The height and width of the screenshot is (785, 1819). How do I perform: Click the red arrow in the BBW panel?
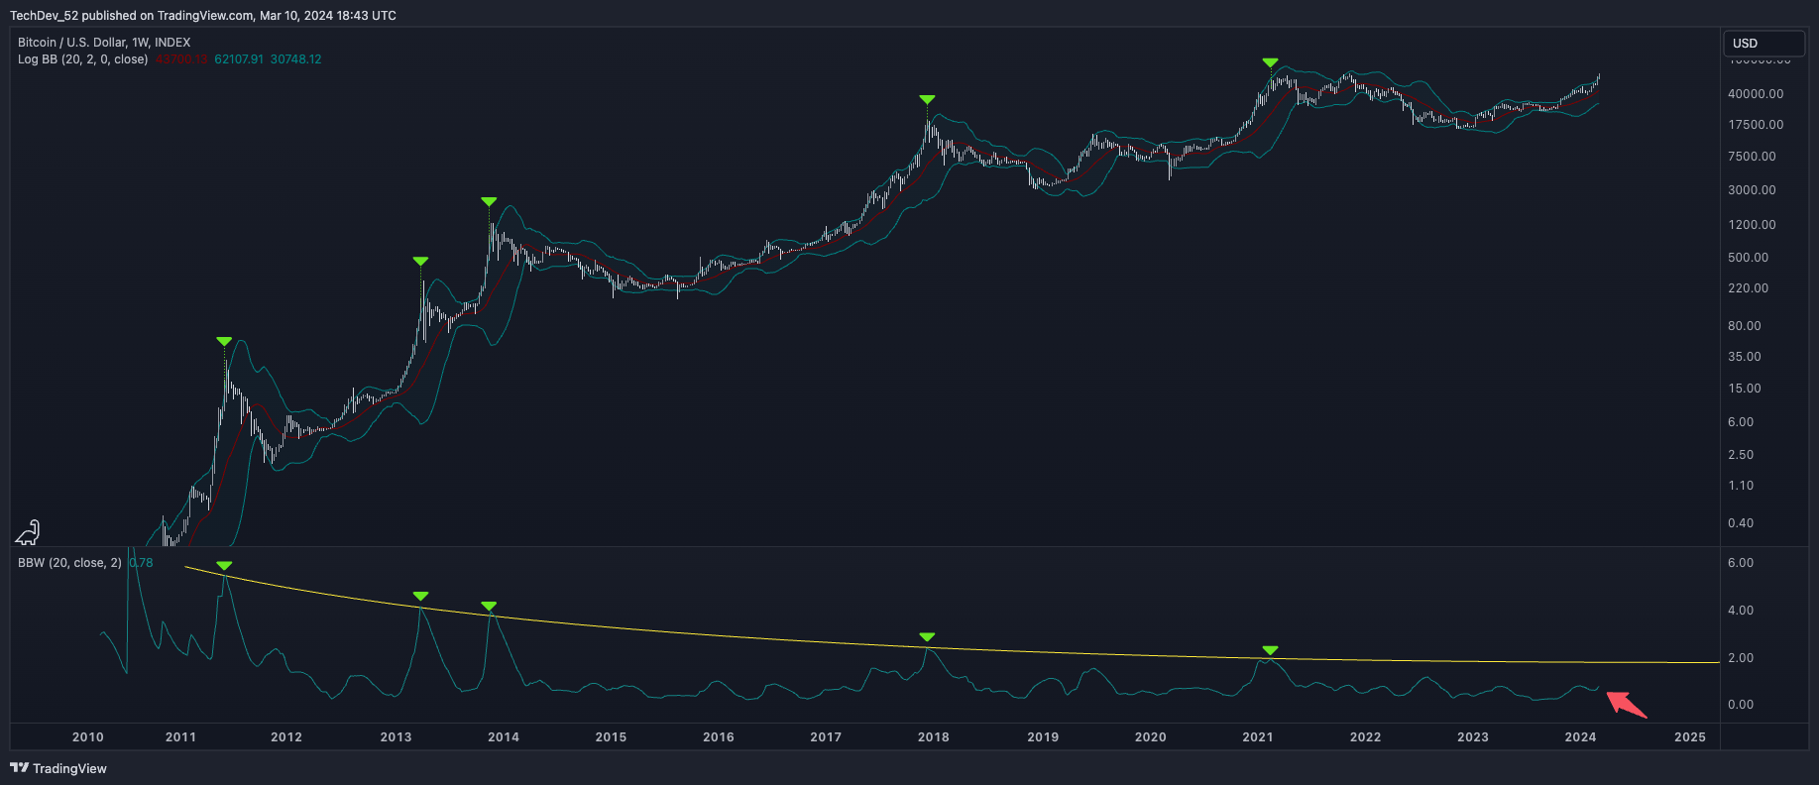(1626, 704)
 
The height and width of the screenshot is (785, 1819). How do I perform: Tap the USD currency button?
(1763, 44)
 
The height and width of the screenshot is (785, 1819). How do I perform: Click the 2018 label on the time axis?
(933, 736)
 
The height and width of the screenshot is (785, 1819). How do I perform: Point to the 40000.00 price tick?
(1755, 93)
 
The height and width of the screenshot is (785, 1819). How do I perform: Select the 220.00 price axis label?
(1748, 288)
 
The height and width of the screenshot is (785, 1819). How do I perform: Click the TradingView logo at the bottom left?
(58, 768)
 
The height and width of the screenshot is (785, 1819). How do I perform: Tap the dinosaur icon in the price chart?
(28, 533)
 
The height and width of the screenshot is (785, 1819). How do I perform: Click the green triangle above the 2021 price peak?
(1270, 62)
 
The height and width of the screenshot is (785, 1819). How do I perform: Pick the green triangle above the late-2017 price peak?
(927, 99)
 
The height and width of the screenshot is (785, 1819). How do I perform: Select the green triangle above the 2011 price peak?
(224, 341)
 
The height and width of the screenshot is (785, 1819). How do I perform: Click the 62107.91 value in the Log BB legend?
(239, 59)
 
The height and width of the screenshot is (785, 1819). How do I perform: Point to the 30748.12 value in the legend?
(295, 59)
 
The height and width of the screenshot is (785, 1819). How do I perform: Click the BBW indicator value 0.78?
(141, 563)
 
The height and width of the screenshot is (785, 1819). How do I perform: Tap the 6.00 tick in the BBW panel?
(1740, 563)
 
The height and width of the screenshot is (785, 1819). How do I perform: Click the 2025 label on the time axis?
(1689, 736)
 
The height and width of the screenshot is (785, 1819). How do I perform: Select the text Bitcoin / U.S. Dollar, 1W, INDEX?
(104, 43)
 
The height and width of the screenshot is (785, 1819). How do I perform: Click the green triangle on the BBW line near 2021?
(1270, 650)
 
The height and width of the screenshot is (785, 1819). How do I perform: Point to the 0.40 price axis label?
(1740, 523)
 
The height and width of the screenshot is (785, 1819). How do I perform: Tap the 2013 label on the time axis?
(396, 736)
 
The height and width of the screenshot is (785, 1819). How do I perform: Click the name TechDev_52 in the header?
(44, 15)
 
